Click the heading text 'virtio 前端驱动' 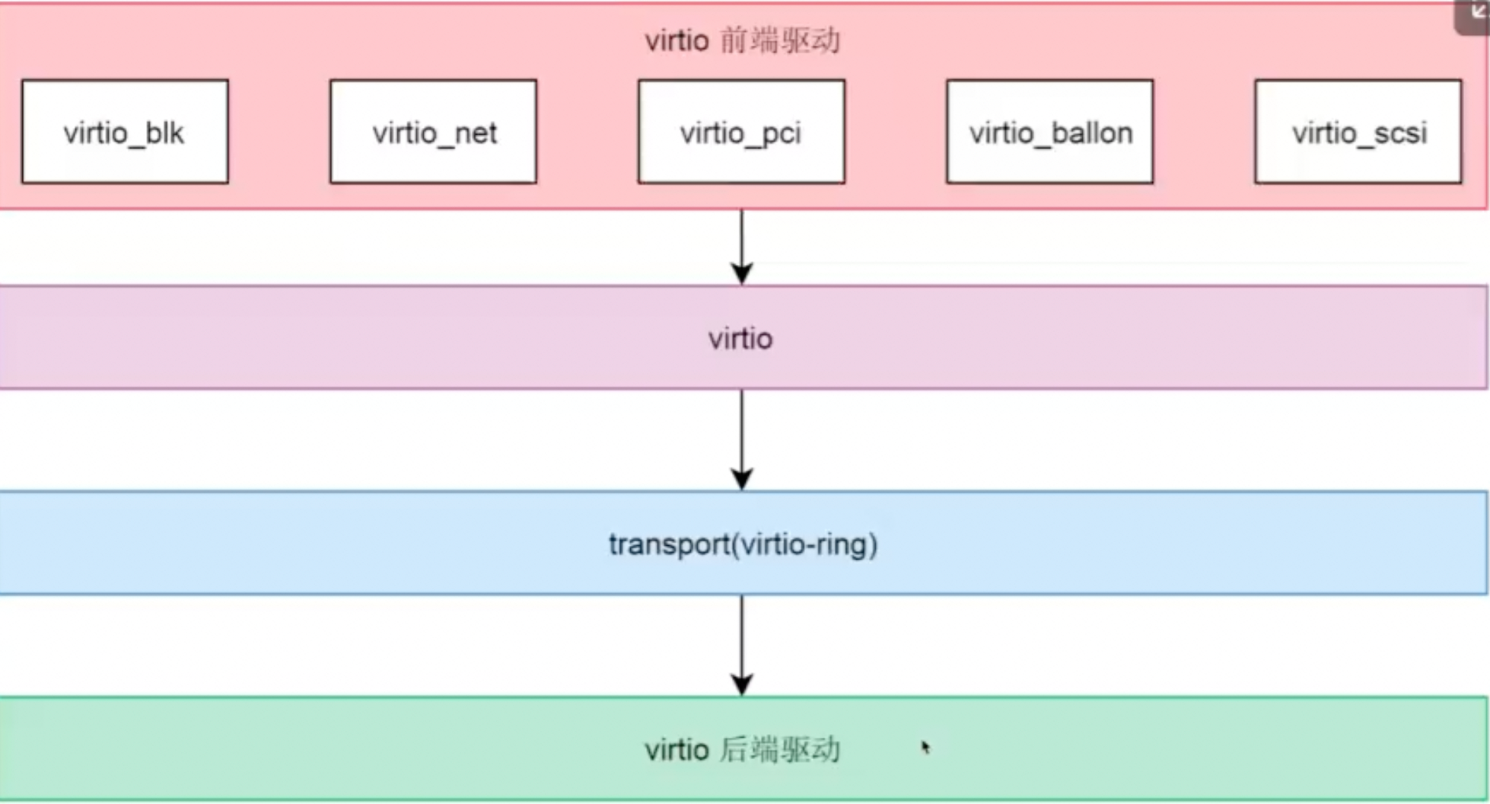[x=742, y=40]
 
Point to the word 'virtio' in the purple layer [x=740, y=338]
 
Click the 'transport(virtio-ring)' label [x=743, y=544]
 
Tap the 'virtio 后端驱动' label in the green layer [x=742, y=750]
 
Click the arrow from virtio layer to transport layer [x=742, y=434]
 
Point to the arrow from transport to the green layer [x=742, y=640]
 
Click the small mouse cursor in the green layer [x=925, y=748]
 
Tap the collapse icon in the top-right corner [x=1477, y=14]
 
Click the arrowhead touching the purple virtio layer [x=742, y=274]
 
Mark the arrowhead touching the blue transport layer [x=742, y=480]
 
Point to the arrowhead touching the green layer [x=742, y=684]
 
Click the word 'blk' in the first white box [x=164, y=133]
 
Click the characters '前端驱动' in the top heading [x=780, y=40]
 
